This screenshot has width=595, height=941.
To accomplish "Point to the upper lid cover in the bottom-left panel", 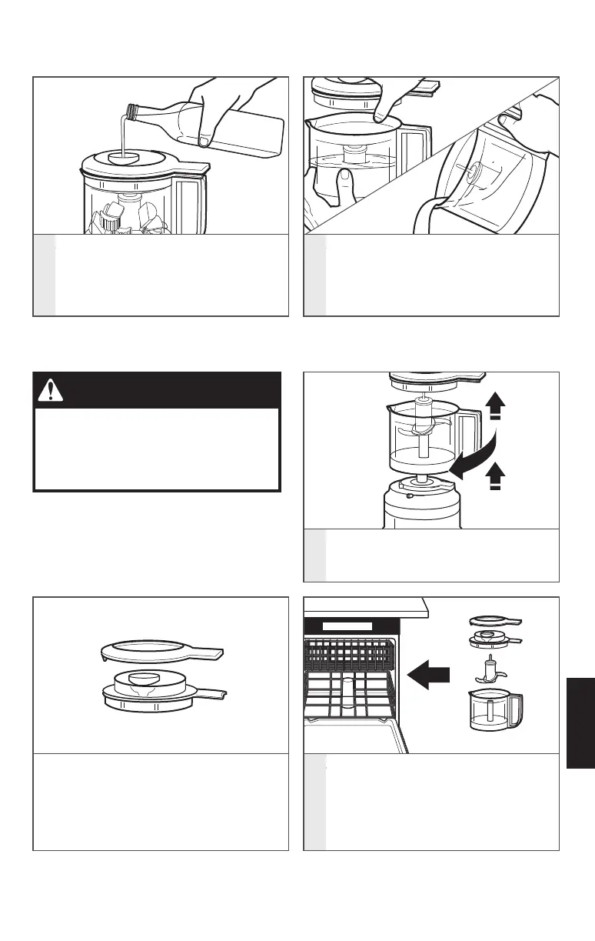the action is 161,650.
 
